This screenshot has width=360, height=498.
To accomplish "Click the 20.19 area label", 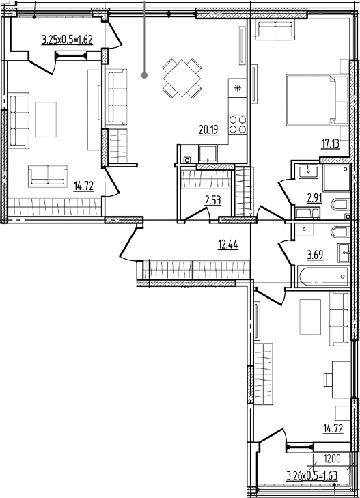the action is pyautogui.click(x=208, y=130).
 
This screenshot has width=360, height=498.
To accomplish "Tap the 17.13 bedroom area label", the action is pyautogui.click(x=330, y=144).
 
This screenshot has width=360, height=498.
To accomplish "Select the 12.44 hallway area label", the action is pyautogui.click(x=228, y=245).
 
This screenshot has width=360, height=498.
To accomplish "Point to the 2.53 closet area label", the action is pyautogui.click(x=212, y=200).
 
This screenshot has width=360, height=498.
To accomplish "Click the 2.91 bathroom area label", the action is pyautogui.click(x=314, y=198).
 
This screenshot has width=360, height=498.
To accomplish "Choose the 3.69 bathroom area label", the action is pyautogui.click(x=315, y=255).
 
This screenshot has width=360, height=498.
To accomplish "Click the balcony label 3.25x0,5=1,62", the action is pyautogui.click(x=67, y=40).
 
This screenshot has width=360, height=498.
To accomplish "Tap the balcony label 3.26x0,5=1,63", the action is pyautogui.click(x=311, y=475).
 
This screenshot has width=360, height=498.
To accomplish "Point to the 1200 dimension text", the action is pyautogui.click(x=332, y=458).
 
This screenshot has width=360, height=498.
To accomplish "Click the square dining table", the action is pyautogui.click(x=182, y=78).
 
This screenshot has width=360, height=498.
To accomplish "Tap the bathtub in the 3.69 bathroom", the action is pyautogui.click(x=322, y=277).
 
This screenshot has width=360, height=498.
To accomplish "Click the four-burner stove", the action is pyautogui.click(x=238, y=124).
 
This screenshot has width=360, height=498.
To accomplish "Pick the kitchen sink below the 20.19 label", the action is pyautogui.click(x=208, y=153).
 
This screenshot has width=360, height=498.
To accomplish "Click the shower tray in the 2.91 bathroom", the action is pyautogui.click(x=337, y=178).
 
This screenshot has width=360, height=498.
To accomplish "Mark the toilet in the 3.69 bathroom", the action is pyautogui.click(x=340, y=232).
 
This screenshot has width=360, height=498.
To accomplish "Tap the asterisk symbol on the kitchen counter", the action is pyautogui.click(x=238, y=88).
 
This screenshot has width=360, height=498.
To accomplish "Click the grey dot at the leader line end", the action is pyautogui.click(x=144, y=75).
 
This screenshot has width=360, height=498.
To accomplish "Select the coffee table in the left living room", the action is pyautogui.click(x=46, y=120).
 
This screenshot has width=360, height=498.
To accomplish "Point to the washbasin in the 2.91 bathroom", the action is pyautogui.click(x=308, y=171).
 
